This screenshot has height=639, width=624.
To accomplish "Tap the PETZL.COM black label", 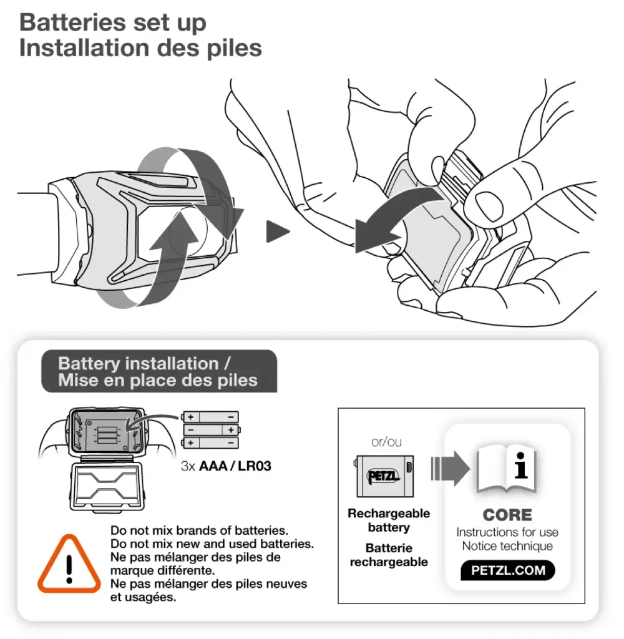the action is (x=508, y=570).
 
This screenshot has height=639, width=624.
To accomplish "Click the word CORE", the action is (x=507, y=515).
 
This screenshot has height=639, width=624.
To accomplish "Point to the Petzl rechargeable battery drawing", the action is (x=385, y=476).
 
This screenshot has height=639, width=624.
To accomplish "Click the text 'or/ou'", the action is (x=386, y=442).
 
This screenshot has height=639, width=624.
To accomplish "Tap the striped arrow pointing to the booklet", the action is (x=451, y=469).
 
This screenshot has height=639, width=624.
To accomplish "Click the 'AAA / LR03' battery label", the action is (x=235, y=466).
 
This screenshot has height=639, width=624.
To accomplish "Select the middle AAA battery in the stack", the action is (x=211, y=430).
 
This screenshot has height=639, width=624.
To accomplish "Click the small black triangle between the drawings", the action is (x=277, y=232).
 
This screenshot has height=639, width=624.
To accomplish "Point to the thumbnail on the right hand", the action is (x=489, y=206).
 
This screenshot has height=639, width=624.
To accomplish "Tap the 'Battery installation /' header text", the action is (x=144, y=363).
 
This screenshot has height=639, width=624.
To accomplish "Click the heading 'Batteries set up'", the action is (x=113, y=23).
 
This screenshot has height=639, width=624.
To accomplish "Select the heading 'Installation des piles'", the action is (x=140, y=48).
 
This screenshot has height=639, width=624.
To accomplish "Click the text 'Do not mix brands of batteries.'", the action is (x=199, y=530).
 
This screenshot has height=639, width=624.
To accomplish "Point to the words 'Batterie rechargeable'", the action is (x=389, y=555).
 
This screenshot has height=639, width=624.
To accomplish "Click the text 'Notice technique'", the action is (x=507, y=546).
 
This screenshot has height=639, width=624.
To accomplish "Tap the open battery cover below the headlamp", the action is (x=107, y=486).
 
